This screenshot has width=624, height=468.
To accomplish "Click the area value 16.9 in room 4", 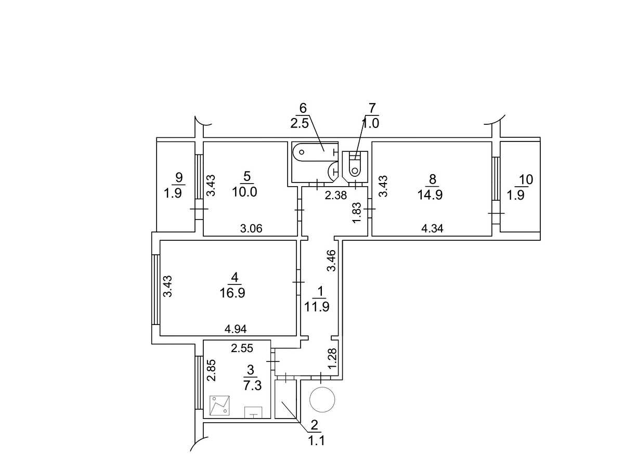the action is pyautogui.click(x=232, y=293).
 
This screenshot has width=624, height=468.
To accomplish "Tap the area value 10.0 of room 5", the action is pyautogui.click(x=244, y=192).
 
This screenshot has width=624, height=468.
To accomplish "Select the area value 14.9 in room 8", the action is pyautogui.click(x=430, y=195).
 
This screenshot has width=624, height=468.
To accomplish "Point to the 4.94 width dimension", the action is pyautogui.click(x=236, y=329).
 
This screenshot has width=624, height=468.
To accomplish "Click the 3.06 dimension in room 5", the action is pyautogui.click(x=251, y=228).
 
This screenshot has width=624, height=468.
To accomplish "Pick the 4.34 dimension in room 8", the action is pyautogui.click(x=432, y=228).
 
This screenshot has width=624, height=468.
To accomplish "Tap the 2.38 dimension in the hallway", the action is pyautogui.click(x=336, y=196).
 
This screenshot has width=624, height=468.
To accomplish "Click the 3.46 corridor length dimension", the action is pyautogui.click(x=332, y=261).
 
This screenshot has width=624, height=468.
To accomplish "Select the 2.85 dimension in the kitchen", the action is pyautogui.click(x=211, y=370).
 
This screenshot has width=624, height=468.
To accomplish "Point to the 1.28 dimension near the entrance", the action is pyautogui.click(x=332, y=359).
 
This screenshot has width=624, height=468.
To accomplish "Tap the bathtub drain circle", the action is pyautogui.click(x=302, y=152).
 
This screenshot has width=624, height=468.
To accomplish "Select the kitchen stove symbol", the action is pyautogui.click(x=219, y=405).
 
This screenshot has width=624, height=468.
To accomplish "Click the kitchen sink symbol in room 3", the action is pyautogui.click(x=253, y=412).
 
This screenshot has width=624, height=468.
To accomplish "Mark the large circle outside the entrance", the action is pyautogui.click(x=322, y=400).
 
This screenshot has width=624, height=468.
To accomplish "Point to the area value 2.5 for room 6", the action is pyautogui.click(x=300, y=124).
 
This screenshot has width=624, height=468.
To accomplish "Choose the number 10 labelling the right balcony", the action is pyautogui.click(x=526, y=179).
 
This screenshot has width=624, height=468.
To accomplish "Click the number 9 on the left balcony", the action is pyautogui.click(x=179, y=178).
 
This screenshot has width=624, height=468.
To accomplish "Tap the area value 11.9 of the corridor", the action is pyautogui.click(x=317, y=307).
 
